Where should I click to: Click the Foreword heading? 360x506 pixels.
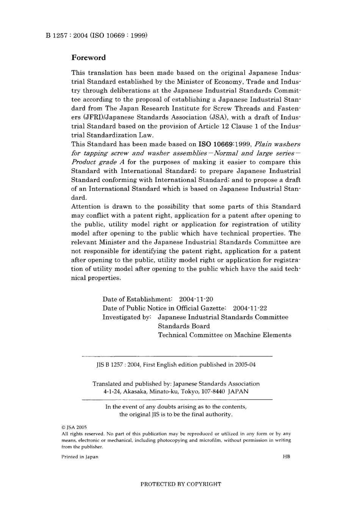(x=88, y=58)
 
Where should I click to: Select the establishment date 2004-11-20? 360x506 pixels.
(x=196, y=300)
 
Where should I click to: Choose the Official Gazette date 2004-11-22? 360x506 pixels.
(x=250, y=309)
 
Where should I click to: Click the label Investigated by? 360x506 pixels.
(x=127, y=317)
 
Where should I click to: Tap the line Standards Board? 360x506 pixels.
(x=184, y=326)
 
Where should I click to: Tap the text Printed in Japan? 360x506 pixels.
(x=80, y=457)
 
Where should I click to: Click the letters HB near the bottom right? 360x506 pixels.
(x=286, y=457)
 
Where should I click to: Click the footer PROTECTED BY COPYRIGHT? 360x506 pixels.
(x=181, y=484)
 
